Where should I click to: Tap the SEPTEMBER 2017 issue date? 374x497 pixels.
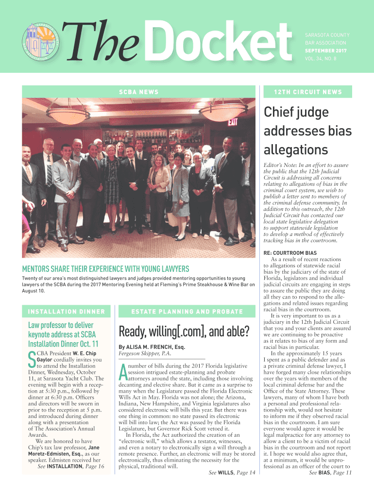tap(325, 50)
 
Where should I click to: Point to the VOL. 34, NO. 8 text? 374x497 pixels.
tap(321, 58)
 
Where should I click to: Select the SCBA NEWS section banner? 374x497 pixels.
tap(138, 92)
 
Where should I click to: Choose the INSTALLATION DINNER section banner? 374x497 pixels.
tap(66, 311)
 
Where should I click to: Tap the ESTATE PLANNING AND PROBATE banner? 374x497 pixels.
tap(187, 311)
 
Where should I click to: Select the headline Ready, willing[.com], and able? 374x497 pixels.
tap(184, 332)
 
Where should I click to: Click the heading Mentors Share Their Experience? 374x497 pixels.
tap(106, 269)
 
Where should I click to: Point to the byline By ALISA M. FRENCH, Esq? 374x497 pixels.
tap(152, 348)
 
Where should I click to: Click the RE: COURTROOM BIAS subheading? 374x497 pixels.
tap(290, 253)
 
